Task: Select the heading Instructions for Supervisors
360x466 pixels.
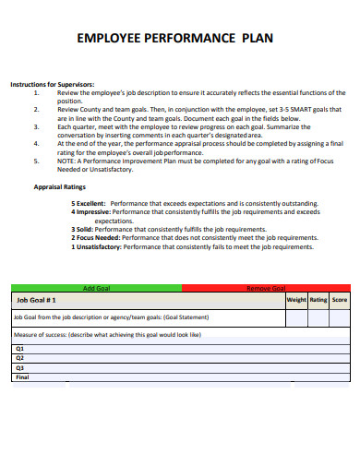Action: click(x=52, y=85)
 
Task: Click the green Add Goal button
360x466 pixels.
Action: click(x=97, y=288)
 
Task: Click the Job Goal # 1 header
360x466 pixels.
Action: click(x=37, y=300)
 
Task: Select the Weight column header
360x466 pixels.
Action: click(x=296, y=300)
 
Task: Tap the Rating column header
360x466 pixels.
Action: click(x=318, y=300)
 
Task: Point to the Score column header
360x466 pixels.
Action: click(x=340, y=300)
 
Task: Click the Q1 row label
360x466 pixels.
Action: click(x=19, y=349)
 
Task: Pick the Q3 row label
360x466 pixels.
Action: click(x=19, y=367)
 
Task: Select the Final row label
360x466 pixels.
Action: click(x=22, y=376)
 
